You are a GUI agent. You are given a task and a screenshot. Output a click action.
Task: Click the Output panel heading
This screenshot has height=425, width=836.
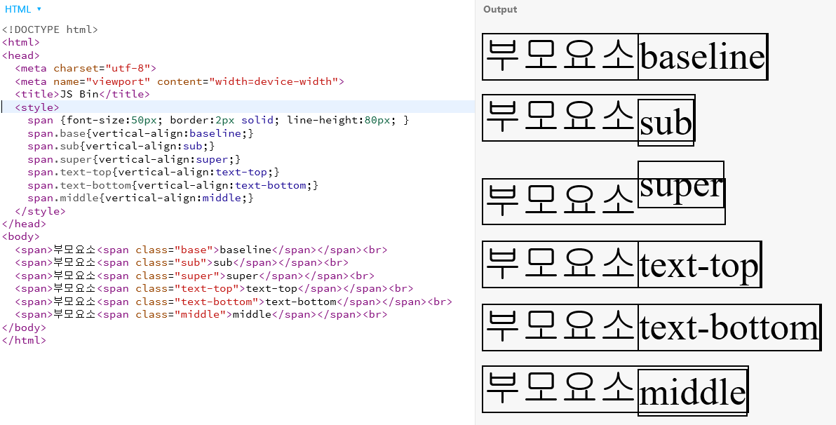500,10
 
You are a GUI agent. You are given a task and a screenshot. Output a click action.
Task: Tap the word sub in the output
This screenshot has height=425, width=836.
666,123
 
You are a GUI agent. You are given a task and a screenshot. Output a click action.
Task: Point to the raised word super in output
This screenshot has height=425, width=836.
680,185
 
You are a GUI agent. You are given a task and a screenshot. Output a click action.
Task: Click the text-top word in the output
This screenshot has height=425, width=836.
699,265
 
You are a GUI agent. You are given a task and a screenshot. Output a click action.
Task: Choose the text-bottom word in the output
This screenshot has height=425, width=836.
729,328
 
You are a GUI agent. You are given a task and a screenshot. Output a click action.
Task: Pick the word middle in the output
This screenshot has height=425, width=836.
692,391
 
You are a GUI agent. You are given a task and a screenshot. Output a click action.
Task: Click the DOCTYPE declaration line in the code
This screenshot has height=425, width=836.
50,29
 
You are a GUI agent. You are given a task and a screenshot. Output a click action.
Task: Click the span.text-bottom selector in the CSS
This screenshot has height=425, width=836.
79,185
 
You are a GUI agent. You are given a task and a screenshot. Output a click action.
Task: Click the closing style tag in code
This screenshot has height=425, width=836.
40,211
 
